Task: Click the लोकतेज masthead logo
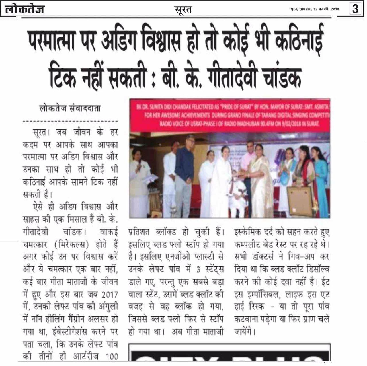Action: (25, 9)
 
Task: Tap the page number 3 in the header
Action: (355, 9)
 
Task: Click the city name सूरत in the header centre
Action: (183, 10)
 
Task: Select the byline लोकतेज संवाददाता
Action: (70, 108)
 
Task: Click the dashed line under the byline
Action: (70, 122)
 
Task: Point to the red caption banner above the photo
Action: (229, 115)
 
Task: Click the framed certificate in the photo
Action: (300, 200)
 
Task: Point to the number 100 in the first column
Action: (112, 357)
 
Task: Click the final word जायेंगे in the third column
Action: (244, 332)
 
